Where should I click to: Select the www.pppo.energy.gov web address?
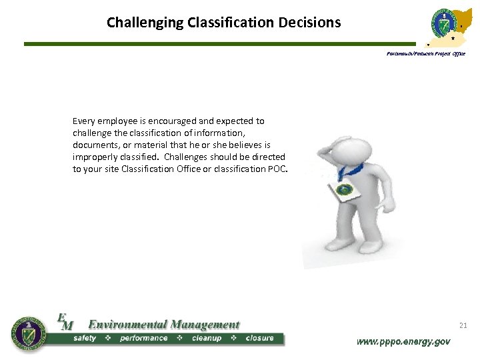click(x=403, y=341)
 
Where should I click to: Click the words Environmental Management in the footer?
click(x=163, y=325)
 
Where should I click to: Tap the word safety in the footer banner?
click(x=85, y=338)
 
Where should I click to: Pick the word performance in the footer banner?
click(x=143, y=338)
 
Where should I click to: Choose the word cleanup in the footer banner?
click(x=206, y=338)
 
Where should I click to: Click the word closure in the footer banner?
click(x=259, y=338)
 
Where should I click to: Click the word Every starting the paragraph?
click(x=85, y=121)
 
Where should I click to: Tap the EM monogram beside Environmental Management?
click(x=65, y=322)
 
